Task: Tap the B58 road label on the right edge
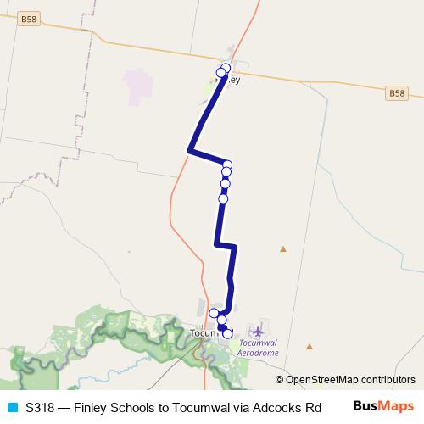coord(398,92)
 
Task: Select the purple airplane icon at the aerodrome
coord(257,329)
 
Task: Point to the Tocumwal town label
coord(204,333)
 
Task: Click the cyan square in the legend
coord(12,406)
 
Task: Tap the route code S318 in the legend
coord(40,406)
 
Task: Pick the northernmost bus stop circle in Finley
coord(226,68)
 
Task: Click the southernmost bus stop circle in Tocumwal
coord(227,334)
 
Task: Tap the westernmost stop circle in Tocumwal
coord(215,313)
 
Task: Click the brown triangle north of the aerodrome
coord(283,249)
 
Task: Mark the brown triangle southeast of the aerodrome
coord(310,346)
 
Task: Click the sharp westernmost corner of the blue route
coord(188,151)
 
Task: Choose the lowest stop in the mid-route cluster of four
coord(223,199)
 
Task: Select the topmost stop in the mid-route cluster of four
coord(227,165)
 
